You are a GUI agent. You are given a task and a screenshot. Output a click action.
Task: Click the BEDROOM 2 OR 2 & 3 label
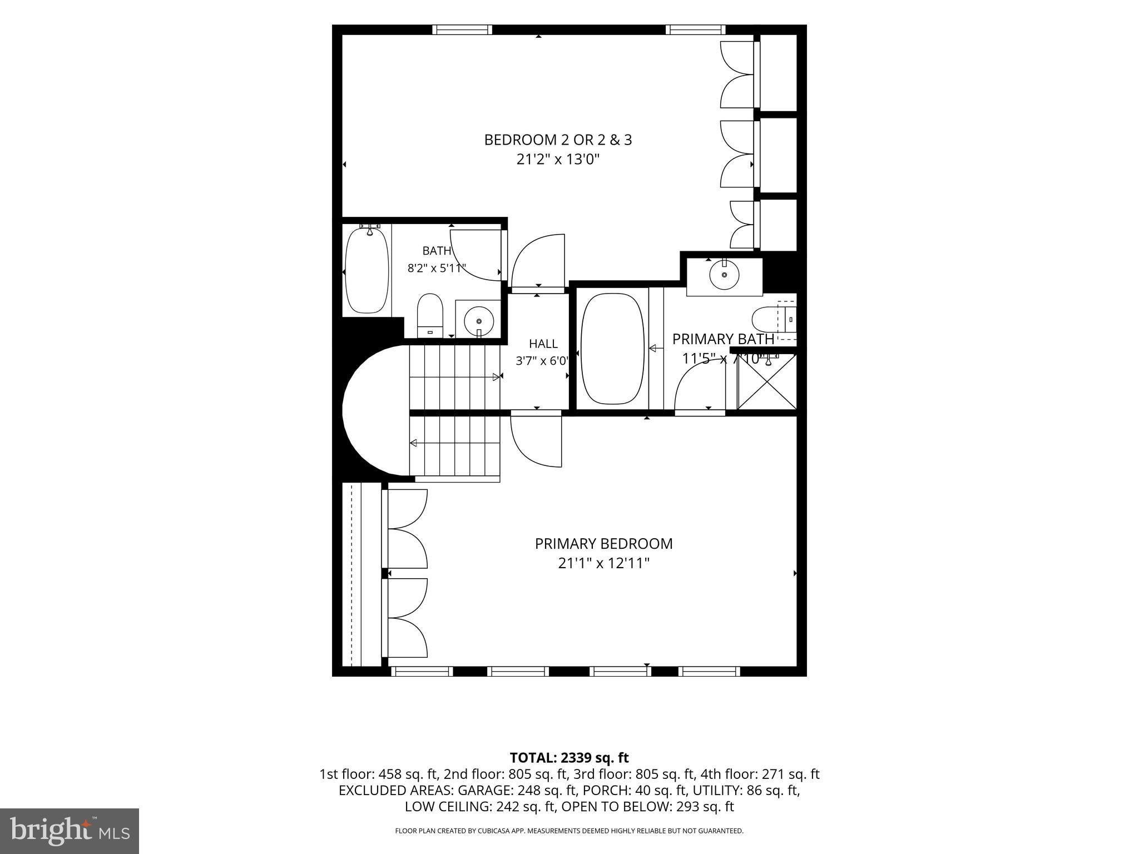click(x=558, y=140)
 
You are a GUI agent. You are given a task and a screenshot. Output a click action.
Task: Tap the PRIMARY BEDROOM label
click(x=603, y=544)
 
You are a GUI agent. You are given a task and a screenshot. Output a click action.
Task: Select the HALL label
click(x=543, y=344)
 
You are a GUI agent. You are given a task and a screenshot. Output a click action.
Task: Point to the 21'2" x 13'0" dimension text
click(x=558, y=160)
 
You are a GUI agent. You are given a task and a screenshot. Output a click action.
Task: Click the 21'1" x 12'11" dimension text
click(x=603, y=564)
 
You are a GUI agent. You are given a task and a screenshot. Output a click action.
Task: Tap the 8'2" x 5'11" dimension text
click(x=437, y=269)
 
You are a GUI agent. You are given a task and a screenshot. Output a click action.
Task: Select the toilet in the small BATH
click(x=430, y=315)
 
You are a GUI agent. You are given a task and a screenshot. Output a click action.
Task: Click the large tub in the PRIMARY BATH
click(x=612, y=349)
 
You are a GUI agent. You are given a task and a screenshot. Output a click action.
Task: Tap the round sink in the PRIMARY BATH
click(x=724, y=275)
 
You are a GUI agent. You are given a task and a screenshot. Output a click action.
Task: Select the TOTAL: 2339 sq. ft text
click(x=569, y=757)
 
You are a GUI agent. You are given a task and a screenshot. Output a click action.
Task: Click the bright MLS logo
click(x=70, y=831)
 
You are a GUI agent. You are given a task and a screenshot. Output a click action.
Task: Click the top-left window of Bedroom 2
click(x=462, y=29)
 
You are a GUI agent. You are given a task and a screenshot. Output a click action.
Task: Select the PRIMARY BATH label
click(x=723, y=339)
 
